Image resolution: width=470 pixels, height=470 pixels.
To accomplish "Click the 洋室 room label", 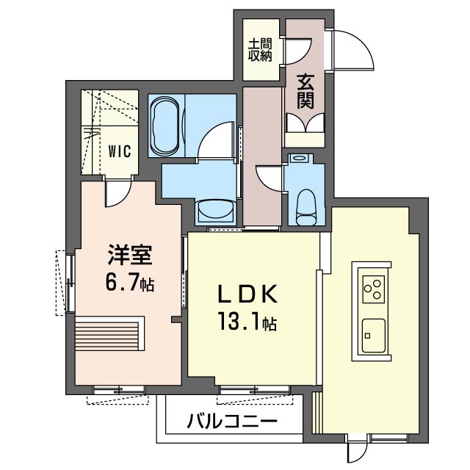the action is (131, 255).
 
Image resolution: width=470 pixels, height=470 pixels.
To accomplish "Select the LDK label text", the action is (247, 294).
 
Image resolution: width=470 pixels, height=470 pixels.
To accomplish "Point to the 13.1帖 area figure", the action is (247, 320).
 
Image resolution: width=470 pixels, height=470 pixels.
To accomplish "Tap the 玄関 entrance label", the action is (305, 91).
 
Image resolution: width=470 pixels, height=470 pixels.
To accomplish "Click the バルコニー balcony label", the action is (232, 421).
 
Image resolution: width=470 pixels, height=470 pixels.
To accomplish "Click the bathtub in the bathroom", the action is (165, 126).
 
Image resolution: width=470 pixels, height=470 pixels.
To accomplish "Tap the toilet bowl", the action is (306, 207).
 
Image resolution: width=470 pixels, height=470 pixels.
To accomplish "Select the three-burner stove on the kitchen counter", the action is (373, 289).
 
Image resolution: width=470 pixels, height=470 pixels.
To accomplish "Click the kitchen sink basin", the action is (374, 336).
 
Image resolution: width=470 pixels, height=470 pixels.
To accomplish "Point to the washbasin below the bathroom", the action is (214, 211).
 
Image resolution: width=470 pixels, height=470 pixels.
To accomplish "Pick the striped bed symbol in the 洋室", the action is (109, 333).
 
